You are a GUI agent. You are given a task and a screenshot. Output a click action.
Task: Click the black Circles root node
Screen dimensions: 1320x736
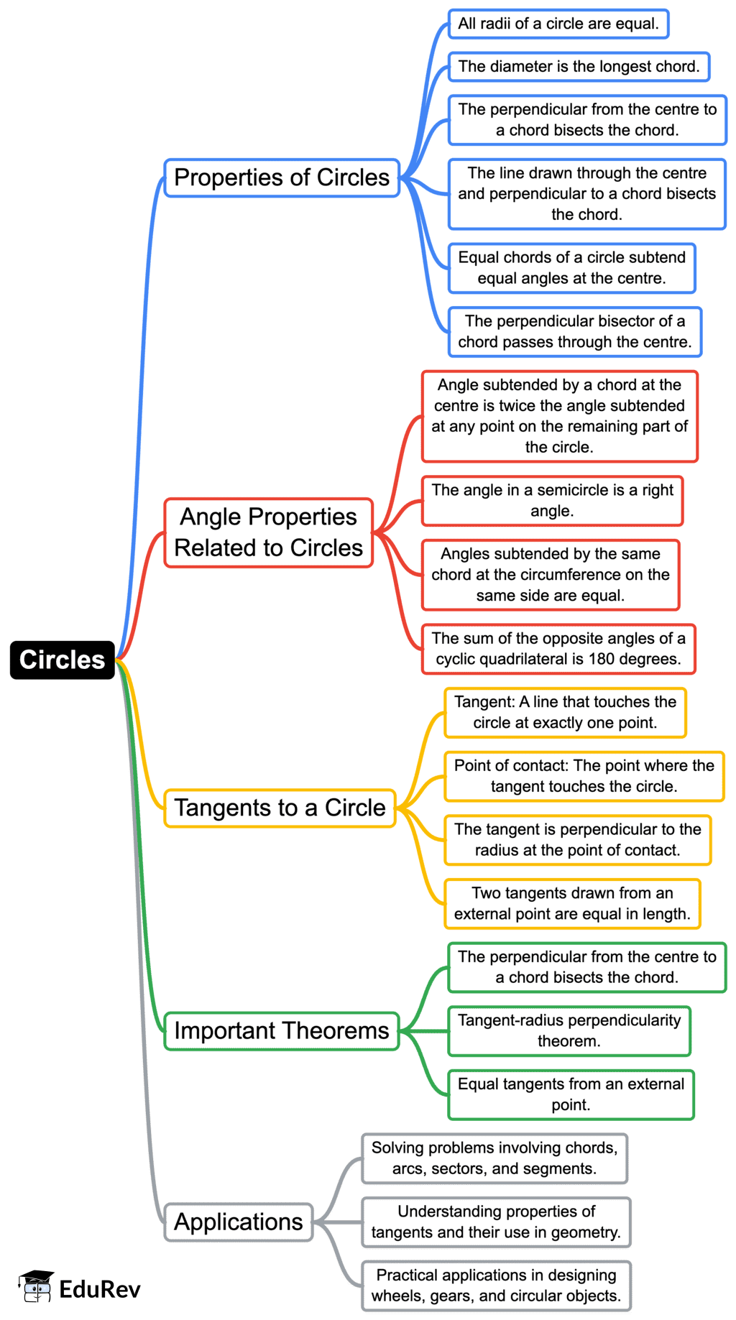click(x=62, y=660)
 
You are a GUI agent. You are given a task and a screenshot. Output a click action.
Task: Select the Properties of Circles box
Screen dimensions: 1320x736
click(x=282, y=177)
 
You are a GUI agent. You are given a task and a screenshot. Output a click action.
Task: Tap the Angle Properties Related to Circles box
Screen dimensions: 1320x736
click(x=269, y=532)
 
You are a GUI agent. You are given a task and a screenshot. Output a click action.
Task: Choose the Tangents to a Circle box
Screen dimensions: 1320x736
click(x=280, y=808)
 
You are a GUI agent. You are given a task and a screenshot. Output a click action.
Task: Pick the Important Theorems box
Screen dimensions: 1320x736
click(x=281, y=1030)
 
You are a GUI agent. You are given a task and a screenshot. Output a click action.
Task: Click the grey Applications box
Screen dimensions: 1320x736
click(x=239, y=1222)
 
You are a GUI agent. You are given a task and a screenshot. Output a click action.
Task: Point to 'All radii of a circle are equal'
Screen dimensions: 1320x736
click(x=558, y=24)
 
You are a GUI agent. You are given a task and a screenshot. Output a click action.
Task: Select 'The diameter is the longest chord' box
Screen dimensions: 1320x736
click(x=579, y=66)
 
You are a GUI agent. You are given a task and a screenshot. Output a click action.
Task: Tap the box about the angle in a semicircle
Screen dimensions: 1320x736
click(x=552, y=500)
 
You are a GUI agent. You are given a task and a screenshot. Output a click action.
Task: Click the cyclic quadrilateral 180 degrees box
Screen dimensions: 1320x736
click(x=558, y=649)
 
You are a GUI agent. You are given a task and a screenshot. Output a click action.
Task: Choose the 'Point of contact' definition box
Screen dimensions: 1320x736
click(x=584, y=776)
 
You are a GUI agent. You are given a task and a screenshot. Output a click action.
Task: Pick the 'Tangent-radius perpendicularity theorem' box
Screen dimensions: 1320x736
click(x=569, y=1030)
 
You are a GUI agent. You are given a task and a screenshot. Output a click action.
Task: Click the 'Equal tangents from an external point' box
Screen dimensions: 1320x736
click(x=571, y=1094)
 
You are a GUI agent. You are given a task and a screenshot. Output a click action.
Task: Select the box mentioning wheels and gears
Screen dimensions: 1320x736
click(x=496, y=1286)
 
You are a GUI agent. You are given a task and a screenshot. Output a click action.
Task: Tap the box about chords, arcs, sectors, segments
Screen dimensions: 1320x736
click(x=494, y=1158)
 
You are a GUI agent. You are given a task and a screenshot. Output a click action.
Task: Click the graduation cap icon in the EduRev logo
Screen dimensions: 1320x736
click(x=36, y=1286)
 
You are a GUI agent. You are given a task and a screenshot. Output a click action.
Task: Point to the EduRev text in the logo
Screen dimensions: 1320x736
click(x=100, y=1289)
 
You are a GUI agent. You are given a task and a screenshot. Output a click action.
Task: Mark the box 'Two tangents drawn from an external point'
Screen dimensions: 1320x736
click(x=572, y=903)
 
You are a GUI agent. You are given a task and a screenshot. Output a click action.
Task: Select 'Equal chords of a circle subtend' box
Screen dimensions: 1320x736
click(x=572, y=268)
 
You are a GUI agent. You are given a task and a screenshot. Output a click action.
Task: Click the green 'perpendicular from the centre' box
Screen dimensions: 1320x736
click(x=586, y=967)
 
